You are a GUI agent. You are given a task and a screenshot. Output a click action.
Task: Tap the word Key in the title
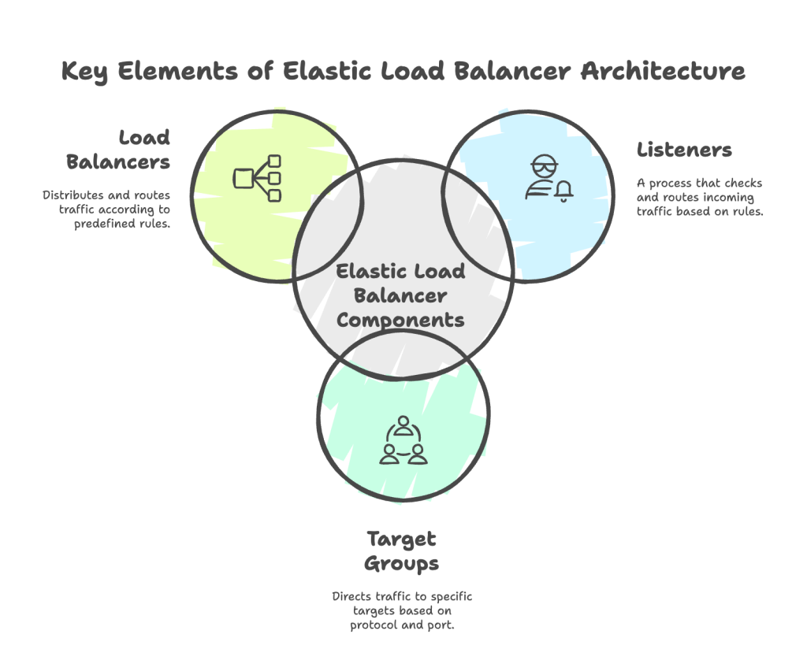pyautogui.click(x=87, y=71)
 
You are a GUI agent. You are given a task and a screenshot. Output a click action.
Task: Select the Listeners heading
pyautogui.click(x=685, y=150)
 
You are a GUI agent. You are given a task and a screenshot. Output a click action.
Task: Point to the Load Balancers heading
pyautogui.click(x=118, y=150)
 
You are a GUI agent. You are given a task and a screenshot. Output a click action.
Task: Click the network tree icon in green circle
pyautogui.click(x=258, y=178)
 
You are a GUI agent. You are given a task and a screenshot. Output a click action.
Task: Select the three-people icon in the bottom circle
pyautogui.click(x=403, y=441)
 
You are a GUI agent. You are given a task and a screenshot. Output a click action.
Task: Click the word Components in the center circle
pyautogui.click(x=400, y=320)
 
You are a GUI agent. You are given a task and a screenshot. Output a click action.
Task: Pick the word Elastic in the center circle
pyautogui.click(x=369, y=272)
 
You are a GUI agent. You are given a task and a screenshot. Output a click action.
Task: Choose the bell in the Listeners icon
pyautogui.click(x=564, y=191)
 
